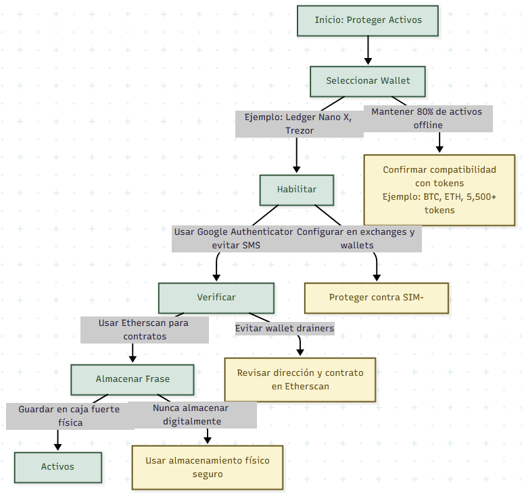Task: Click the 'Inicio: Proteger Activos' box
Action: pos(368,20)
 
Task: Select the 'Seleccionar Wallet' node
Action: pos(368,81)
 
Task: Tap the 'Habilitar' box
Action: pos(296,190)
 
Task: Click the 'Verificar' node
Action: pos(216,298)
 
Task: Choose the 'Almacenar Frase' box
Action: pos(133,379)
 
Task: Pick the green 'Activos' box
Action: pos(58,467)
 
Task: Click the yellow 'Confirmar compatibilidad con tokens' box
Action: pos(440,190)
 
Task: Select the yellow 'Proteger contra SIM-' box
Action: pos(376,298)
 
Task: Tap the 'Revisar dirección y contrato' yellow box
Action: pos(300,379)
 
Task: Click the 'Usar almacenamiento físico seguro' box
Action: pos(207,467)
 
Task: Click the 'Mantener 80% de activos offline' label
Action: pos(427,118)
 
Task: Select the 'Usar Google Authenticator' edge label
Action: pos(234,238)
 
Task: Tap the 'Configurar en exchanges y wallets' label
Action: pos(357,238)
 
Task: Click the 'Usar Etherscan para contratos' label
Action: pos(143,329)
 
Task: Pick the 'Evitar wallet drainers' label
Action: pos(284,329)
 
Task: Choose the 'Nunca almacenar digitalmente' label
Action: pos(191,414)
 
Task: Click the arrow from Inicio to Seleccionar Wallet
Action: pos(368,51)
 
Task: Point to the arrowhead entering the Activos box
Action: pos(57,447)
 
